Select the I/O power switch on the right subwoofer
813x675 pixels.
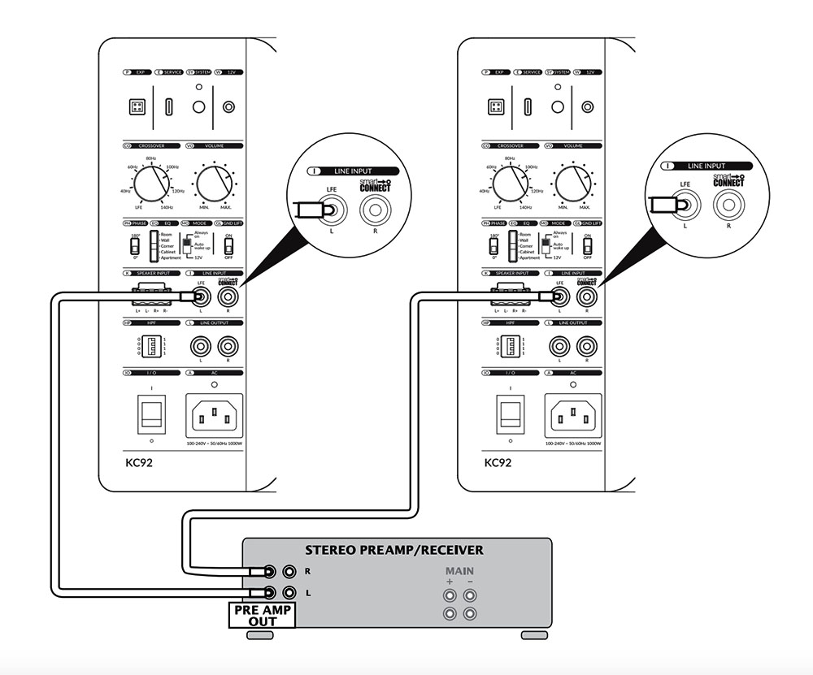[x=510, y=414]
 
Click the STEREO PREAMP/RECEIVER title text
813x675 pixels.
[x=393, y=550]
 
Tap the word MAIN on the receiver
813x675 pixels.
[x=459, y=571]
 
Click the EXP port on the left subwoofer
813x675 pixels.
[x=134, y=107]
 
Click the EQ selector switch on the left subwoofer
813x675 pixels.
[x=154, y=245]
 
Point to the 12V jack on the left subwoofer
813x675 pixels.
[x=230, y=107]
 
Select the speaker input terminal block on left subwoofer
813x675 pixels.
[x=150, y=298]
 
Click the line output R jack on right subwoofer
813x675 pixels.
[x=584, y=347]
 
